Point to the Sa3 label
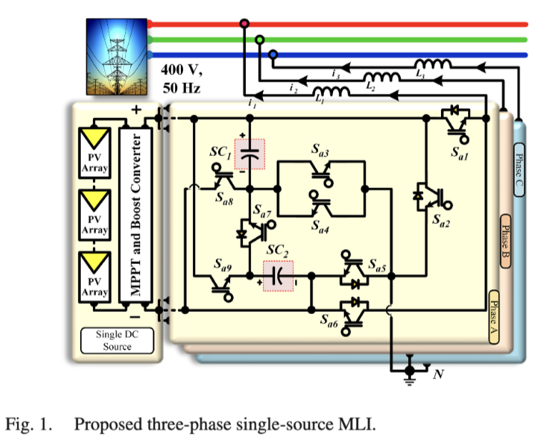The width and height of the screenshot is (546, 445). coord(320,151)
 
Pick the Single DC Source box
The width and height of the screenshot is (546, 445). coord(116,341)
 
